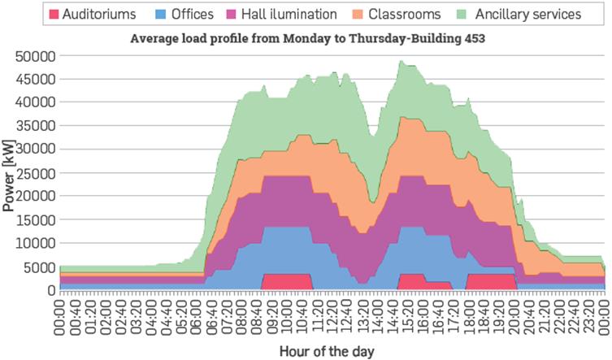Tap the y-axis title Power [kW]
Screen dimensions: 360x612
[10, 172]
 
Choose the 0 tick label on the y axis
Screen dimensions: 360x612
[50, 290]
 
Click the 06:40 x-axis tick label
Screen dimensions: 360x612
[212, 311]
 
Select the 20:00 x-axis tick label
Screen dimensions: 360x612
[514, 311]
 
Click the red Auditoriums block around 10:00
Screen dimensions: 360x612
[287, 281]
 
